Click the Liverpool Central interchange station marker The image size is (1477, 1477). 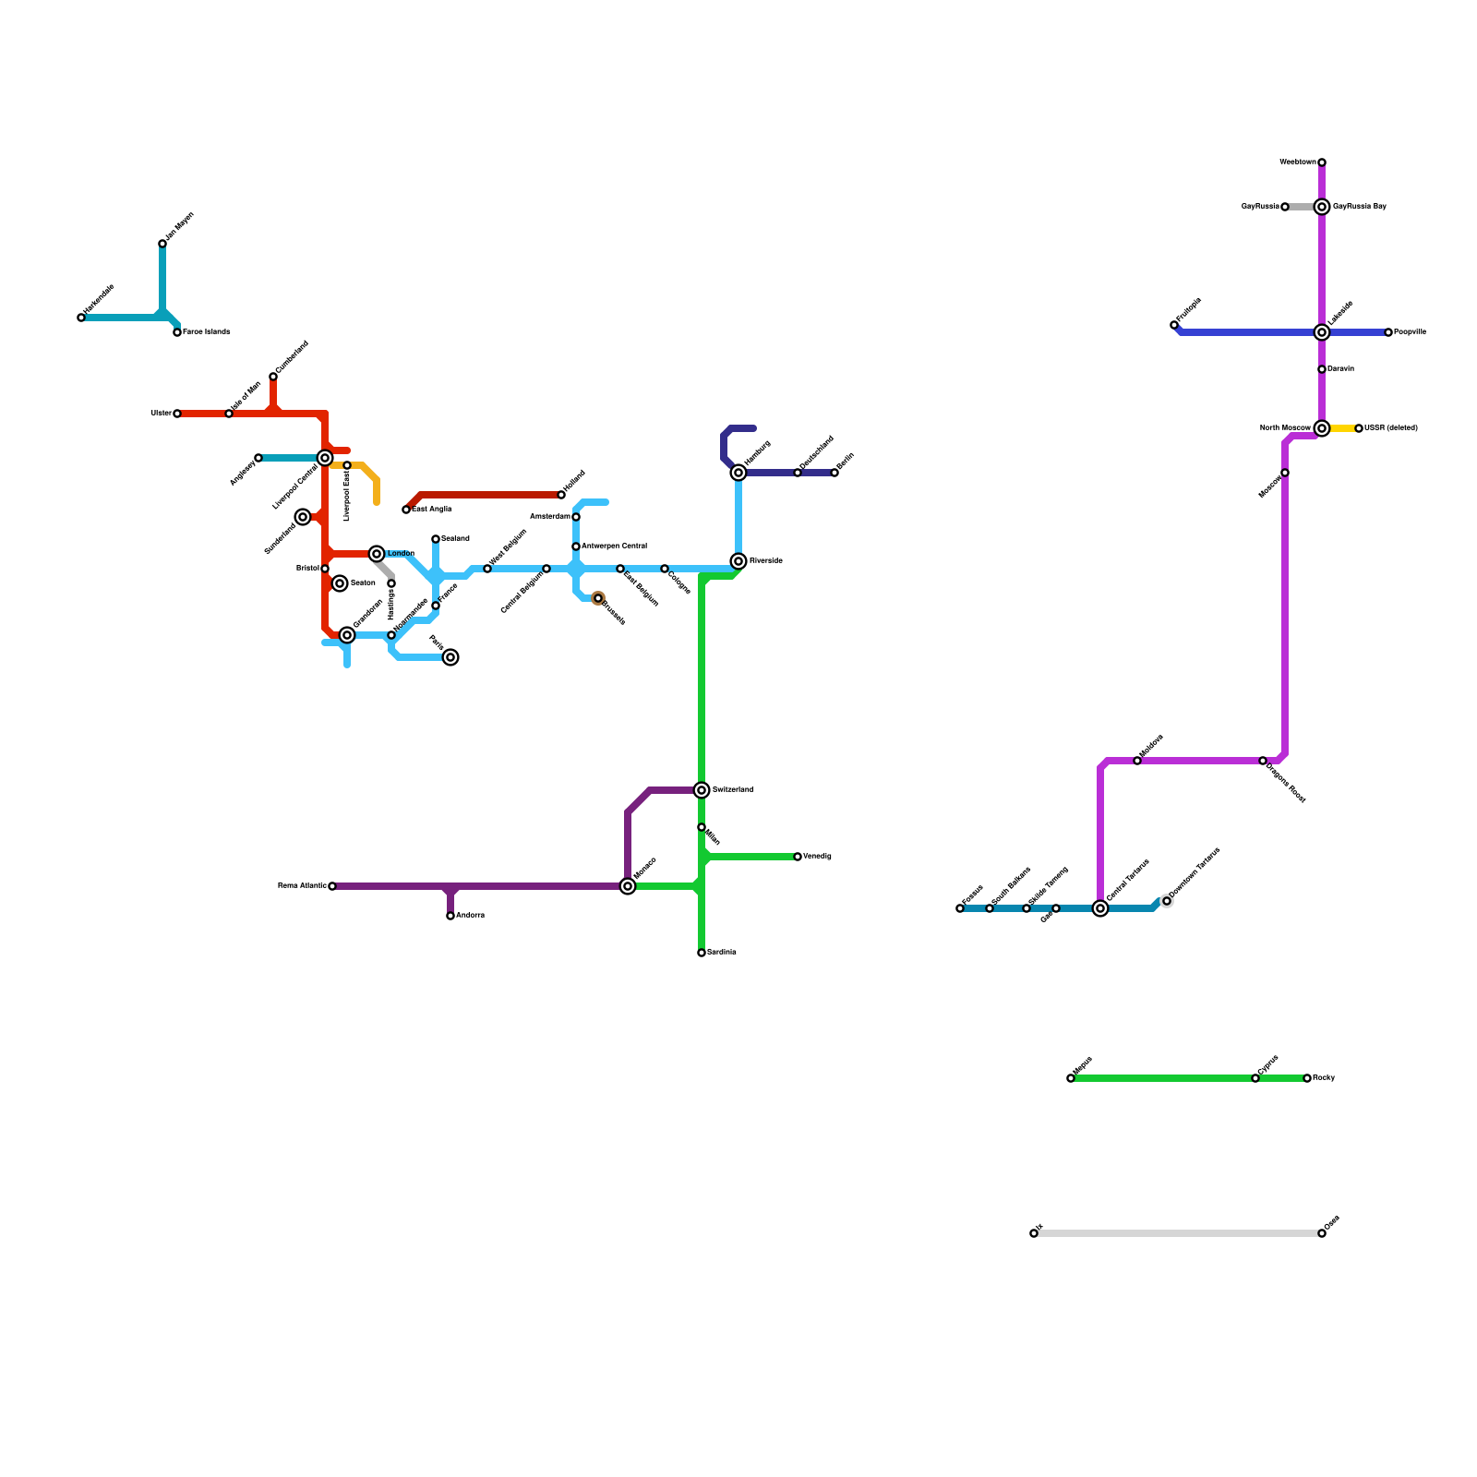coord(325,458)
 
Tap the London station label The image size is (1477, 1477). coord(401,554)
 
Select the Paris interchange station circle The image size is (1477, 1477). coord(450,657)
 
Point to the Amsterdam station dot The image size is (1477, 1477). coord(576,517)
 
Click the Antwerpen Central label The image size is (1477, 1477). coord(614,546)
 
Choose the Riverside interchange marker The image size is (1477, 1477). coord(738,561)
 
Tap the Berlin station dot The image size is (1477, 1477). coord(835,473)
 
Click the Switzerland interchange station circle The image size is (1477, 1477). coord(702,790)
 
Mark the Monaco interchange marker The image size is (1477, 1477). coord(628,886)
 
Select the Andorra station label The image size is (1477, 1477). coord(470,916)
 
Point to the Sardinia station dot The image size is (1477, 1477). coord(702,953)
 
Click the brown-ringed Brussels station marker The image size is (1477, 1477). coord(598,598)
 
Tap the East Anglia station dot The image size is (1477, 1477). coord(406,510)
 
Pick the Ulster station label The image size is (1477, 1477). coord(161,414)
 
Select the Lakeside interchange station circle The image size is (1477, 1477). coord(1322,332)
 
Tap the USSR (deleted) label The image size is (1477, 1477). coord(1391,428)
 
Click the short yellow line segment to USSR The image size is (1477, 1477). coord(1342,428)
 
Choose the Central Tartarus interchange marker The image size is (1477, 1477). coord(1100,908)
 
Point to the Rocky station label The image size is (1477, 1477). coord(1324,1078)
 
